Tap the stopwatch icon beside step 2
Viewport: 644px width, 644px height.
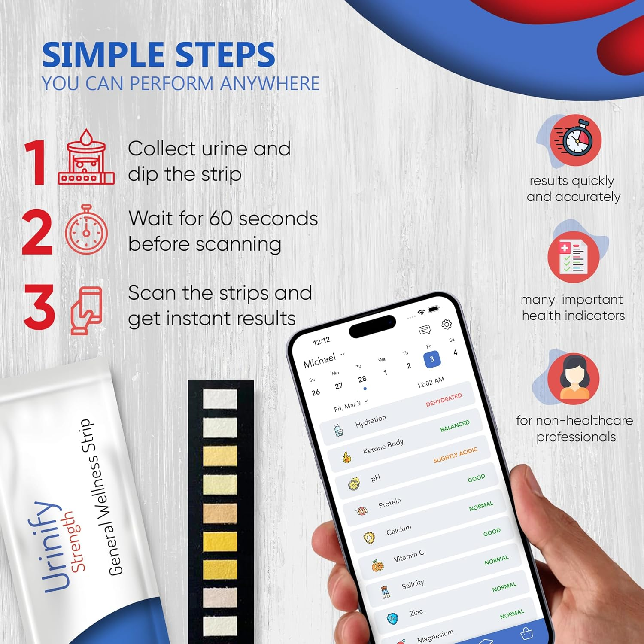pos(86,230)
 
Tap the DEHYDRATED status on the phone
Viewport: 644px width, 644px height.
pos(444,400)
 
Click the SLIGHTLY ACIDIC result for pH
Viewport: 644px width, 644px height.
pos(455,455)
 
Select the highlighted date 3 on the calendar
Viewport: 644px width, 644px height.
pos(432,359)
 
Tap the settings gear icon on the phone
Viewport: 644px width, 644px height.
pos(447,324)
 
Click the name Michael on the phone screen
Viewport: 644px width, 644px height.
pos(320,361)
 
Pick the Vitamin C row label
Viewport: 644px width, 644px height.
pos(409,556)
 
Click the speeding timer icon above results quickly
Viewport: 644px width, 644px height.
pos(576,140)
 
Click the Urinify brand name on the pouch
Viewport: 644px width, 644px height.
pos(49,547)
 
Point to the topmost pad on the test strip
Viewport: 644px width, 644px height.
pos(220,399)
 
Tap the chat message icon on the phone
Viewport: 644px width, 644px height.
pos(425,330)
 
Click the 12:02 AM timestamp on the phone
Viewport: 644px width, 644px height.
pos(431,382)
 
